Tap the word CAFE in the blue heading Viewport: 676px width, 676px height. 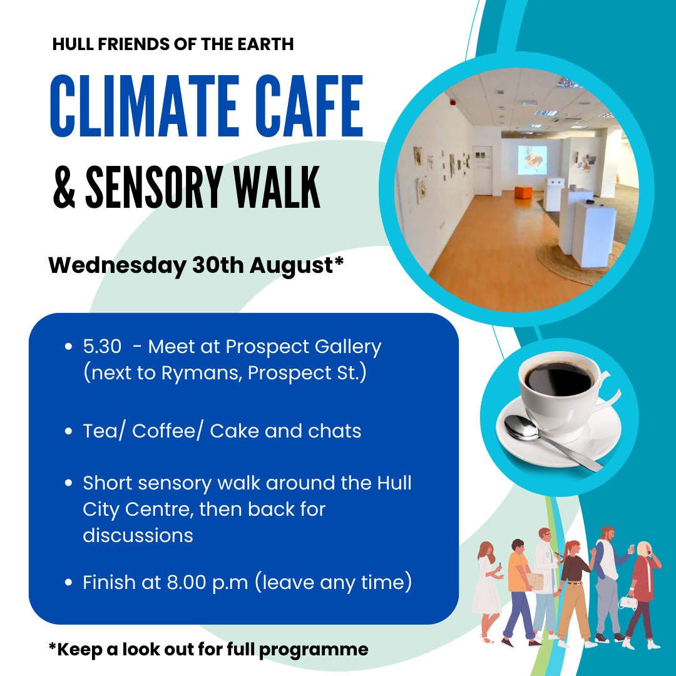(309, 106)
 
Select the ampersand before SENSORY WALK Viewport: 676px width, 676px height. (64, 188)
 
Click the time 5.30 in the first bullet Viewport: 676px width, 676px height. (102, 347)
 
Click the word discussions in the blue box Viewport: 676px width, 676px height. (138, 535)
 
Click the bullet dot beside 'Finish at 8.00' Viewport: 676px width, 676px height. (68, 583)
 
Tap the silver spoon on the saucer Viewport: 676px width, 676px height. (548, 440)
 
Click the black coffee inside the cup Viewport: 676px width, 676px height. (559, 379)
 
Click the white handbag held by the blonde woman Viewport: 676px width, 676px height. (628, 602)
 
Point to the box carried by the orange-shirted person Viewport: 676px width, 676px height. (535, 581)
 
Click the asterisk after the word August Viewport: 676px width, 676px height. (339, 261)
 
